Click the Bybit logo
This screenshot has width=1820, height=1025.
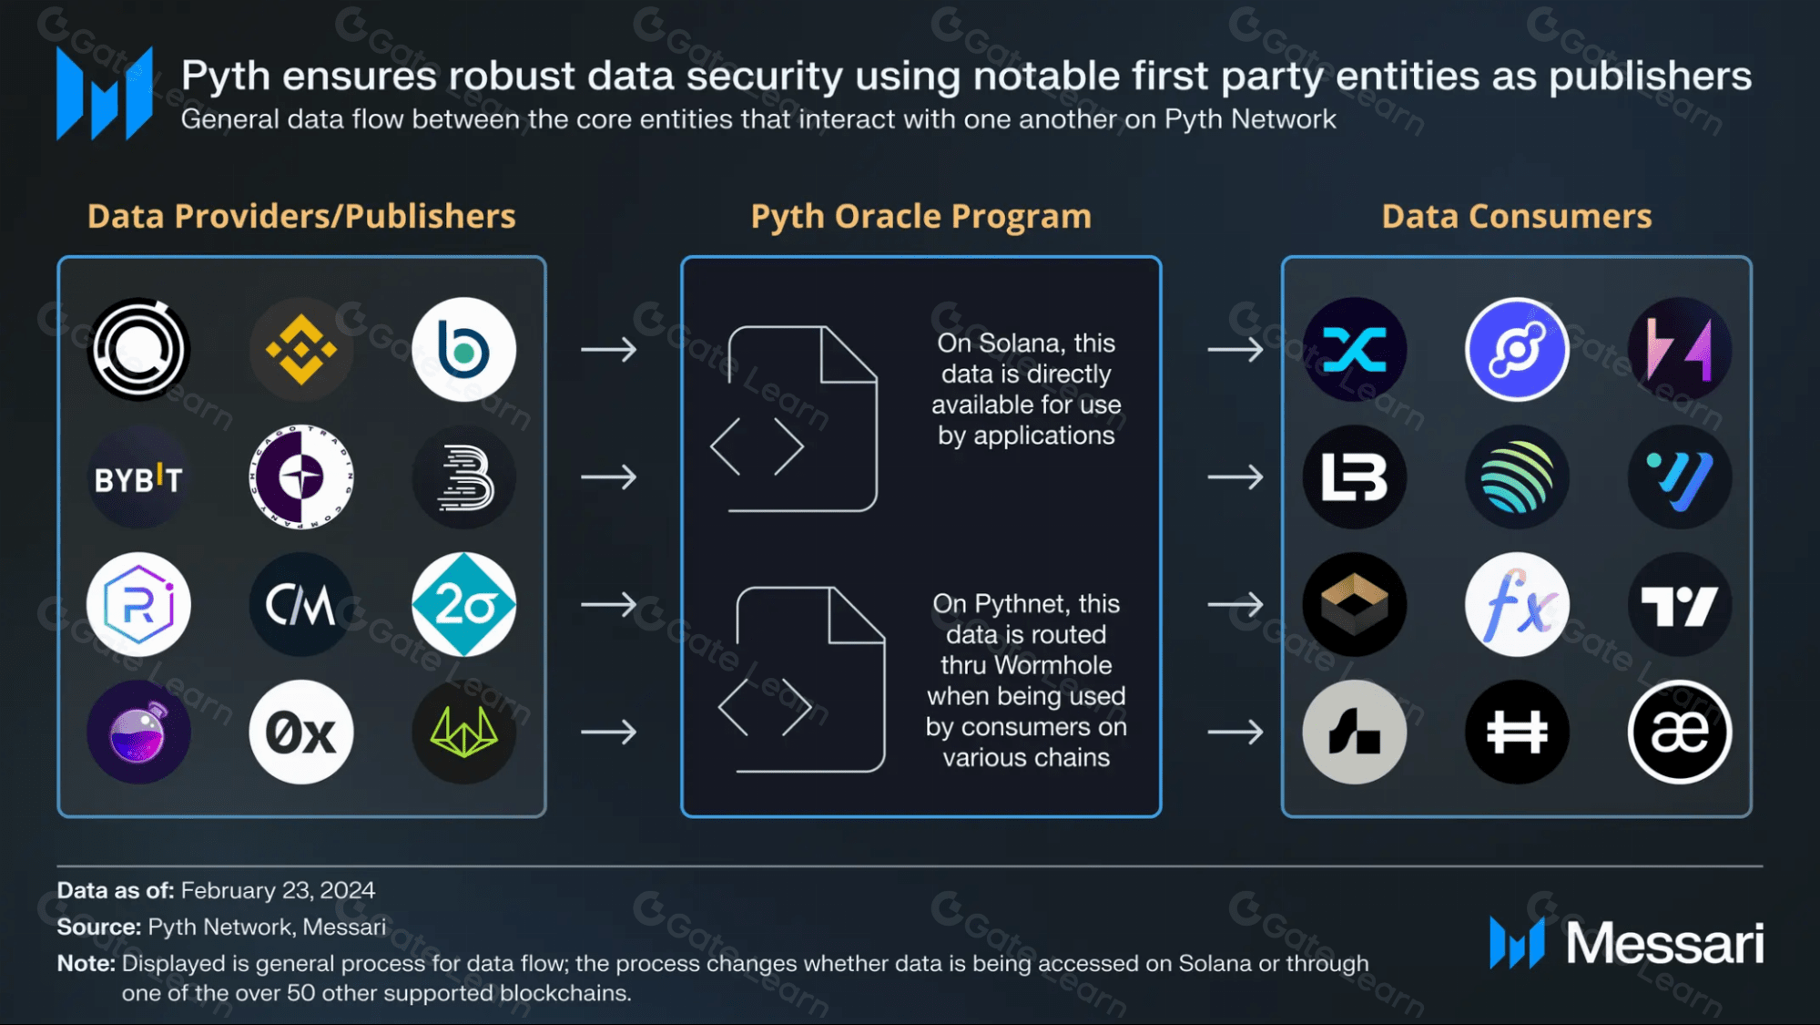138,477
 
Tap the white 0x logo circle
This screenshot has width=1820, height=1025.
301,732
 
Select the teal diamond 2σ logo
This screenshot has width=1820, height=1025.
463,604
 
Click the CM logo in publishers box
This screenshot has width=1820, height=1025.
301,604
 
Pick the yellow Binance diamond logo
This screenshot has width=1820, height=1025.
301,350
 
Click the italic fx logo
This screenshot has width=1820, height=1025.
1517,604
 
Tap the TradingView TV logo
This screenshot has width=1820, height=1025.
1679,604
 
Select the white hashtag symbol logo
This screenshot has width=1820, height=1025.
1517,732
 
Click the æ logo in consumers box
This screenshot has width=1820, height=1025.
1679,732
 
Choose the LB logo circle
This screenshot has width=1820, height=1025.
1355,477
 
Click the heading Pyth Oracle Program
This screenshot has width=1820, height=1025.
920,217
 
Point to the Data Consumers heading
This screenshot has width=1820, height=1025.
1516,217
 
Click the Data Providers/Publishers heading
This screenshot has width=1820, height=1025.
301,217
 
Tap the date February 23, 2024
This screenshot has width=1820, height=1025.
278,890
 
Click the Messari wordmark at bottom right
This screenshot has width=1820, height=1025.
1664,943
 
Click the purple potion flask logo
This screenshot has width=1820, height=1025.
138,732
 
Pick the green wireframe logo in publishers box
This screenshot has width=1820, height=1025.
463,732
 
